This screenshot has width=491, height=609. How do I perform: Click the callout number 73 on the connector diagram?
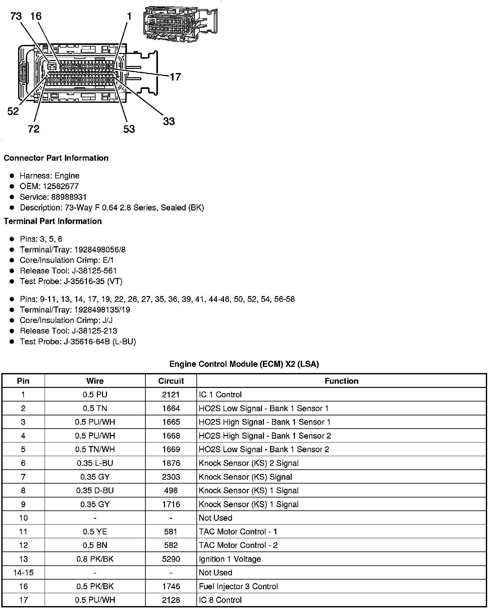pos(16,16)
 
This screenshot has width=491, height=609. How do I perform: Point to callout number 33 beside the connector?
pos(169,122)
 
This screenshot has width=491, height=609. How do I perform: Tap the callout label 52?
pos(13,112)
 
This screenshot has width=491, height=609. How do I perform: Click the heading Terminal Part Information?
pos(53,221)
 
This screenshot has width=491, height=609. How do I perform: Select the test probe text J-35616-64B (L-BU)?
pos(99,341)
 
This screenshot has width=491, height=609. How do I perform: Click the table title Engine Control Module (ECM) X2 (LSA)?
pos(244,364)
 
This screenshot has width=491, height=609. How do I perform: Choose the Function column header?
pos(341,381)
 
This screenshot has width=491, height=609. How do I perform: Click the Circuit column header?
pos(171,381)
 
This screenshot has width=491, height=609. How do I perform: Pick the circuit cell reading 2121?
pos(171,394)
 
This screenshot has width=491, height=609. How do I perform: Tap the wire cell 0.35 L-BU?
pos(95,463)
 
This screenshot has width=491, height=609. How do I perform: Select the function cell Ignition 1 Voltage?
pos(230,559)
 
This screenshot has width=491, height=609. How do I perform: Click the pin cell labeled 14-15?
pos(23,572)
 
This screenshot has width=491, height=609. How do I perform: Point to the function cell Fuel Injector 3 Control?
pos(238,586)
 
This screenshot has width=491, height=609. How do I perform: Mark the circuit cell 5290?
pos(171,559)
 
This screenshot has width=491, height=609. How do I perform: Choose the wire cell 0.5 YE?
pos(95,531)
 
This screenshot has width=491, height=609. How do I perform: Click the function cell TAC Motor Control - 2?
pos(238,545)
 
